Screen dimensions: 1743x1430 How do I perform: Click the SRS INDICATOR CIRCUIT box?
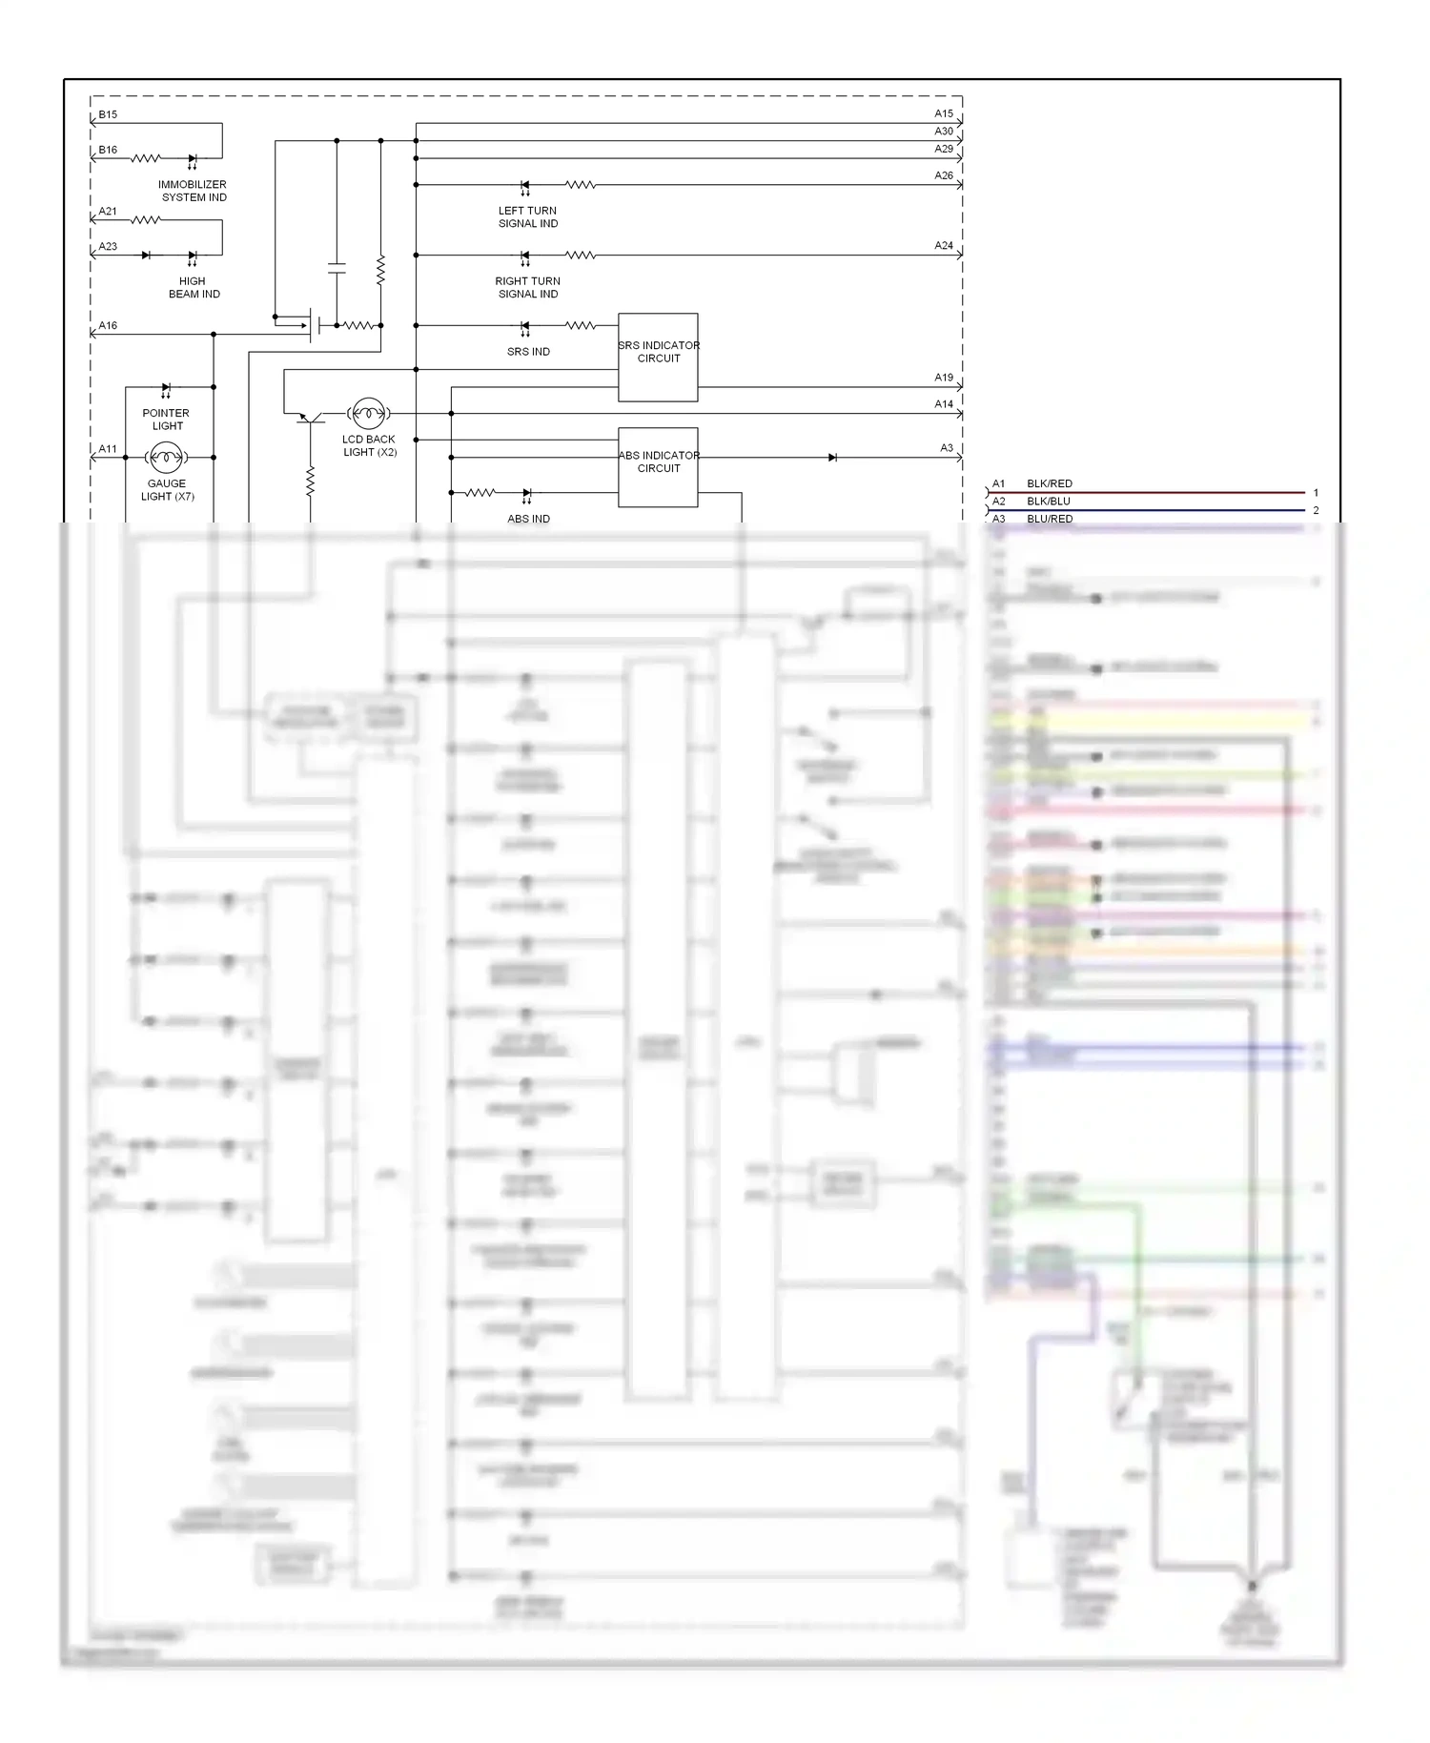(658, 358)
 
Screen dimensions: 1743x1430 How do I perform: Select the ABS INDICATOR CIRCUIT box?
(658, 467)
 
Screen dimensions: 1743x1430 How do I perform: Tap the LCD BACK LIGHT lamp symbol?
(368, 414)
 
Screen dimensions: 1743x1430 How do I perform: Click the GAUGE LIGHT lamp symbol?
(166, 458)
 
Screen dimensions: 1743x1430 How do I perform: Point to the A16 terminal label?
(108, 326)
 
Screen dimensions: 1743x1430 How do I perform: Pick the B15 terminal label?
(108, 114)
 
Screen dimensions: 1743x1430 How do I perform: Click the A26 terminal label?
(943, 175)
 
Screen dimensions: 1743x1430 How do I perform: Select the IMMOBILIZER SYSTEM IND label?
(193, 191)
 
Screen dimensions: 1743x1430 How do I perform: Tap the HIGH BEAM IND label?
(194, 288)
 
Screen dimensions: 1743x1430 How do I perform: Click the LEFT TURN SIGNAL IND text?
(528, 217)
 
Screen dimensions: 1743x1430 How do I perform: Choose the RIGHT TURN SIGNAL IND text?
(528, 288)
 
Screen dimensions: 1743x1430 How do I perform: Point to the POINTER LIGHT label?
(166, 420)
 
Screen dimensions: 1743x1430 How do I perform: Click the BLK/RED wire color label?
(1049, 483)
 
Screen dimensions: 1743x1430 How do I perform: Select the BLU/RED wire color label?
(1049, 519)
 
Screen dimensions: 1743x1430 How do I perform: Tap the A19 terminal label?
(943, 378)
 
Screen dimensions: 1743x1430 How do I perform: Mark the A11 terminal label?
(108, 449)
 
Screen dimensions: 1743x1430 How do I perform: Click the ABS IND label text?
(528, 519)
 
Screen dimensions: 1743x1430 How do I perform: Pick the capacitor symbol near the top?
(337, 267)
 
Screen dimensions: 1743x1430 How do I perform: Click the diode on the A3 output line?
(832, 458)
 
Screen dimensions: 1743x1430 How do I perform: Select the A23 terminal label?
(108, 247)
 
